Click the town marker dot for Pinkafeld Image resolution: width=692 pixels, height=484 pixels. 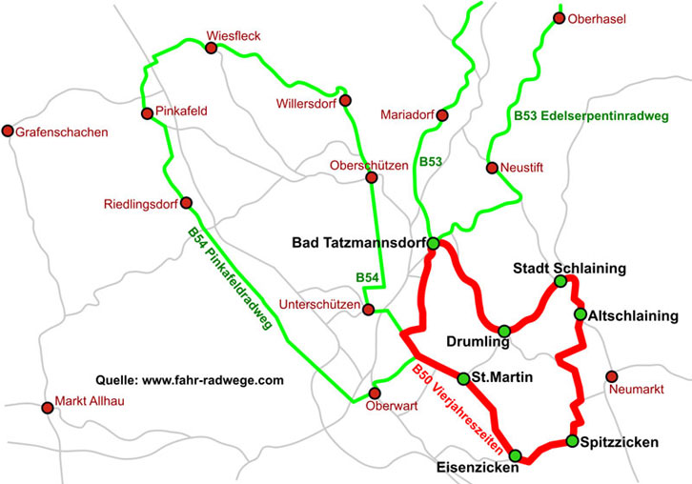click(147, 114)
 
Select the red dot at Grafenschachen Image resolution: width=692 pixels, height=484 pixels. click(9, 131)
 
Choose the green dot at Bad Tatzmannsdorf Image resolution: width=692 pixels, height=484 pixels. click(433, 244)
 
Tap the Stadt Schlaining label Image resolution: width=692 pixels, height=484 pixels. click(569, 268)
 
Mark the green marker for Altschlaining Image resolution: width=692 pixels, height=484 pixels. click(580, 314)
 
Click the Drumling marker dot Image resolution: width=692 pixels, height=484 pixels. click(504, 331)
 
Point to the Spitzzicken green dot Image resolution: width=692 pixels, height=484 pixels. click(572, 440)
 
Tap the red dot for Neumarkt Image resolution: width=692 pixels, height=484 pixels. click(612, 376)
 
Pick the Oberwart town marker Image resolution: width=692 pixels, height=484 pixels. click(375, 393)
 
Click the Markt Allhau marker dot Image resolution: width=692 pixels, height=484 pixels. click(48, 408)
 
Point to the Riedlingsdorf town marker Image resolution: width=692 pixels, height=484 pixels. click(186, 203)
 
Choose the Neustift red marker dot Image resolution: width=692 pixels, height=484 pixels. click(492, 169)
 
